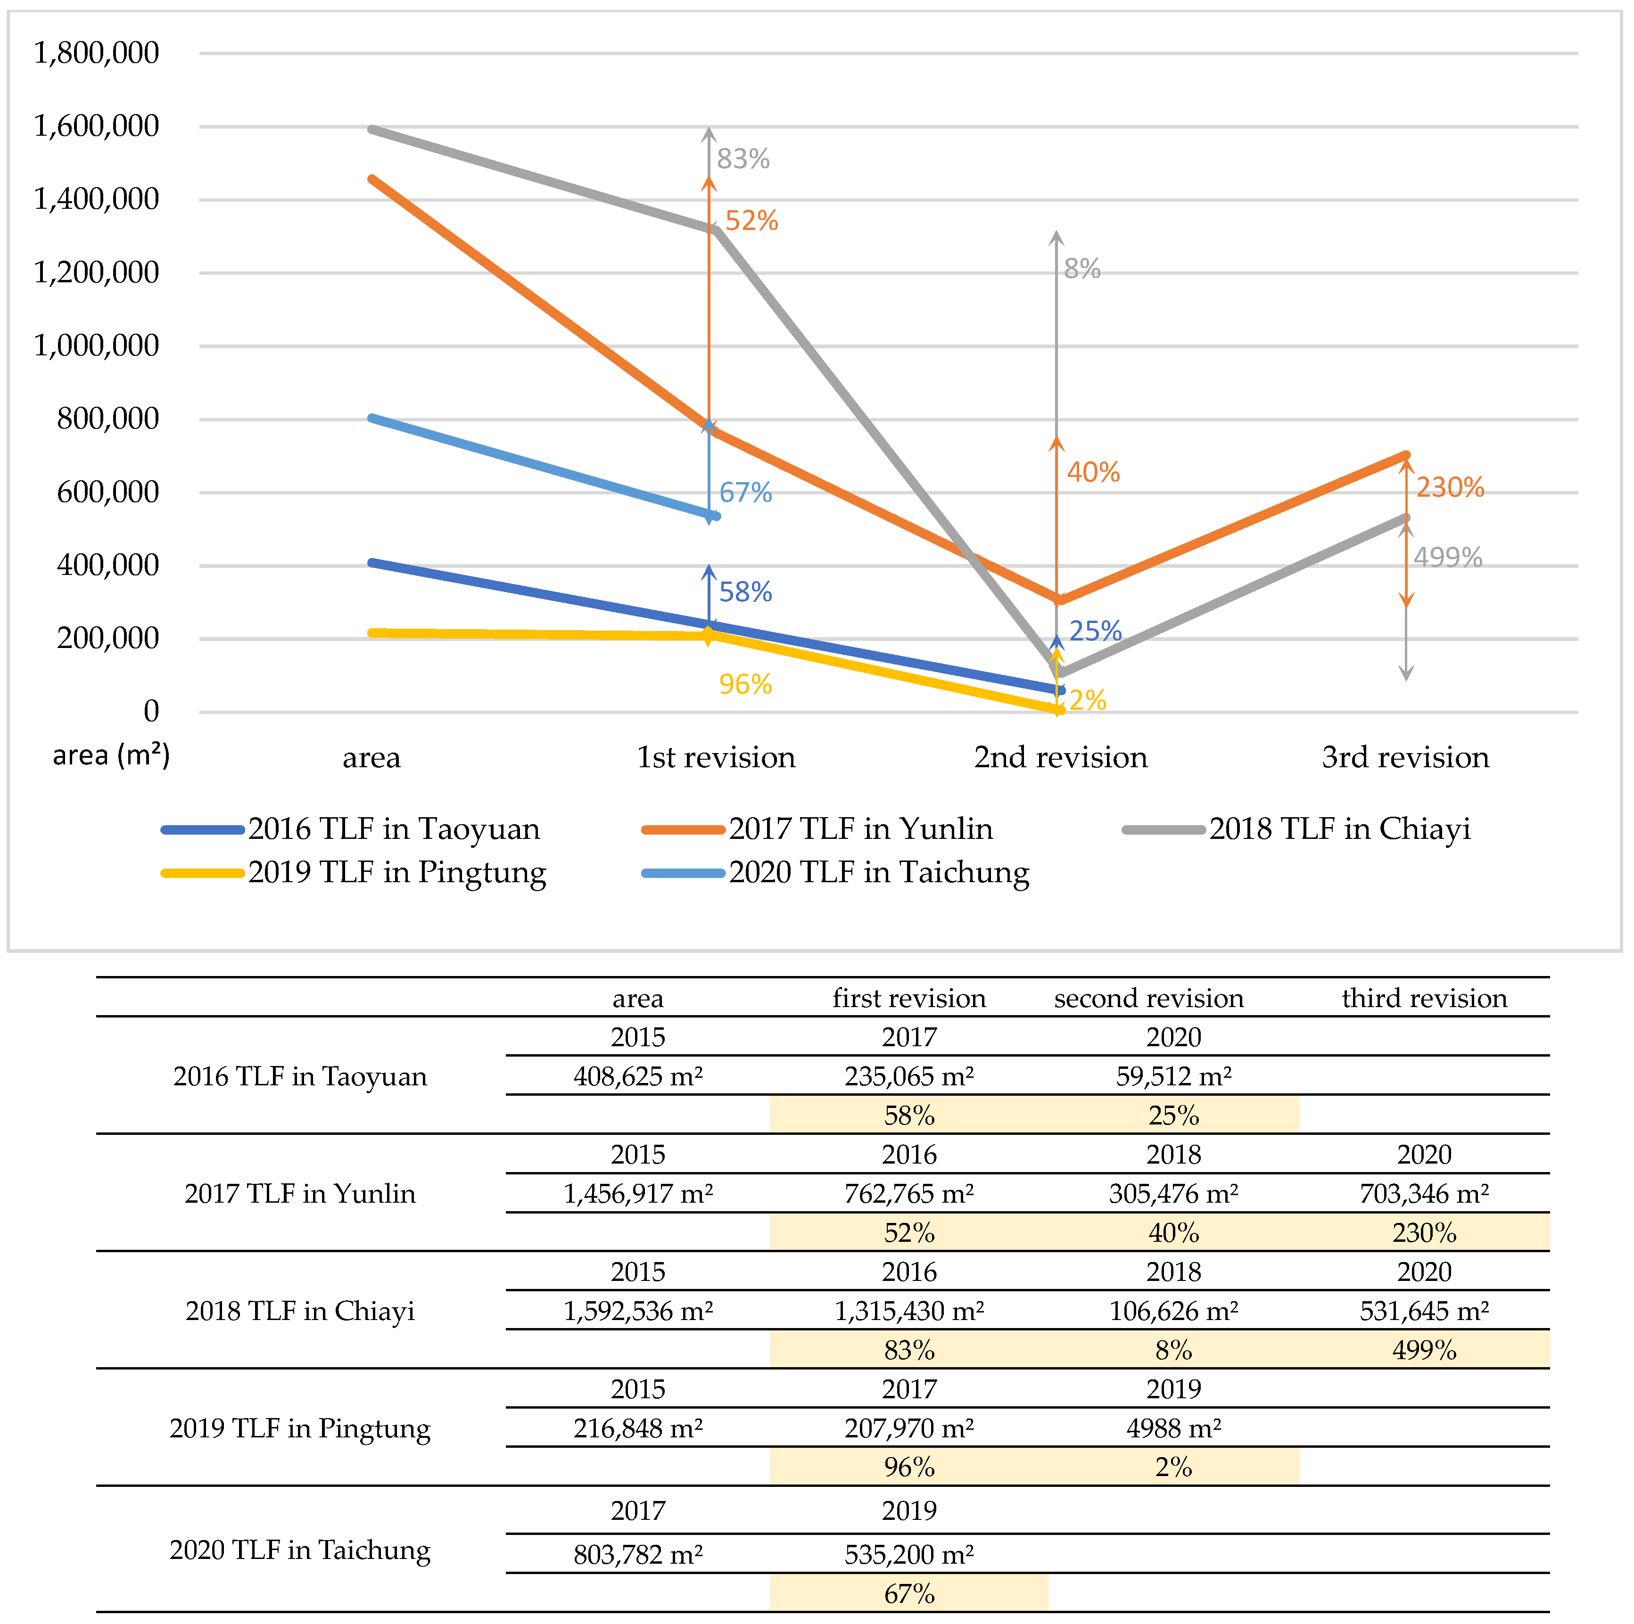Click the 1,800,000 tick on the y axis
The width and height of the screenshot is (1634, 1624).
point(96,53)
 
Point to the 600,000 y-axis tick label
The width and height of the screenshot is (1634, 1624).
point(107,492)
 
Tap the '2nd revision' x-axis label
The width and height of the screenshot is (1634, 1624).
point(1061,757)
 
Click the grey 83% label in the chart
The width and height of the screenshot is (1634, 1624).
point(743,159)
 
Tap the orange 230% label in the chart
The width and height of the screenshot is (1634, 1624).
point(1450,488)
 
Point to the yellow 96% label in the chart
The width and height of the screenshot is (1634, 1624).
point(745,684)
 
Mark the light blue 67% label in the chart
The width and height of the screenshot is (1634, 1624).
point(745,493)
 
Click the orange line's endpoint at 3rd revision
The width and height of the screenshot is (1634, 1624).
point(1406,456)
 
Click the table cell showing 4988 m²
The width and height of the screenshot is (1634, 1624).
point(1173,1428)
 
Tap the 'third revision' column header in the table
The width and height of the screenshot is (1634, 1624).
point(1424,999)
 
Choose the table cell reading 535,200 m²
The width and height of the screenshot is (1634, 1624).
point(909,1554)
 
